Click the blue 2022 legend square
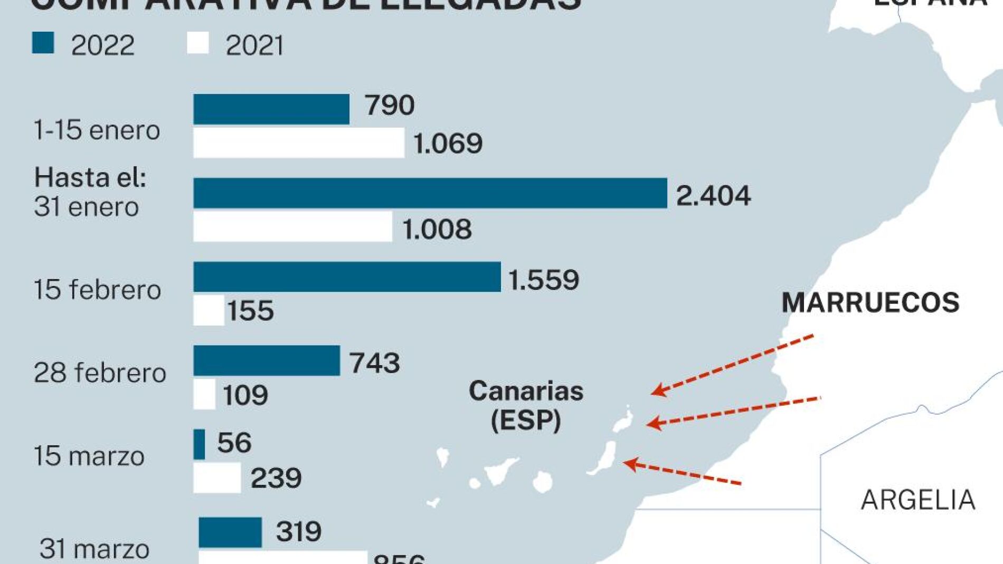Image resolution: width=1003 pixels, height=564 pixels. (43, 43)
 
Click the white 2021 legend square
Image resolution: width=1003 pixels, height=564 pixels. (198, 43)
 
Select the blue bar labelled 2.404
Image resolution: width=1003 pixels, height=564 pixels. (430, 193)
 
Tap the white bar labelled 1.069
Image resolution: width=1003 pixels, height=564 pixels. (299, 143)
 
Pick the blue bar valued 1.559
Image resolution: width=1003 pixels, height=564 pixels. (347, 277)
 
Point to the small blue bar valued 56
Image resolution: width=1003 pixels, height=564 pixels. (200, 444)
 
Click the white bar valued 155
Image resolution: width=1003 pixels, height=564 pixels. (209, 310)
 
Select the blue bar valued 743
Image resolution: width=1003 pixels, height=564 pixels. (267, 361)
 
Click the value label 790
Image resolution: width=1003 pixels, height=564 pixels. (390, 105)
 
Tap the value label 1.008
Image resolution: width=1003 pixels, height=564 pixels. (437, 229)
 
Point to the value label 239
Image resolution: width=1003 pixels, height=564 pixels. (276, 478)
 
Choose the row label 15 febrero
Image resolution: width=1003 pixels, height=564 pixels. (97, 290)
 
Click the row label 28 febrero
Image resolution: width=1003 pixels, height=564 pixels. (100, 373)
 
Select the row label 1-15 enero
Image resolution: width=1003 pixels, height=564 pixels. (97, 130)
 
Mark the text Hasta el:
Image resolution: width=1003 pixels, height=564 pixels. (90, 177)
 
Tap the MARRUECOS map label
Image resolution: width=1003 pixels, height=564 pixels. (870, 302)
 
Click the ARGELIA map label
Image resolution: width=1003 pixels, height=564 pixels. (918, 500)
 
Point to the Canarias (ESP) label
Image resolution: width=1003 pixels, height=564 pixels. (526, 406)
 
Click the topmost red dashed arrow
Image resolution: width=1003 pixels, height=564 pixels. (732, 365)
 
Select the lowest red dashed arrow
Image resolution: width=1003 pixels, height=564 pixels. (683, 473)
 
